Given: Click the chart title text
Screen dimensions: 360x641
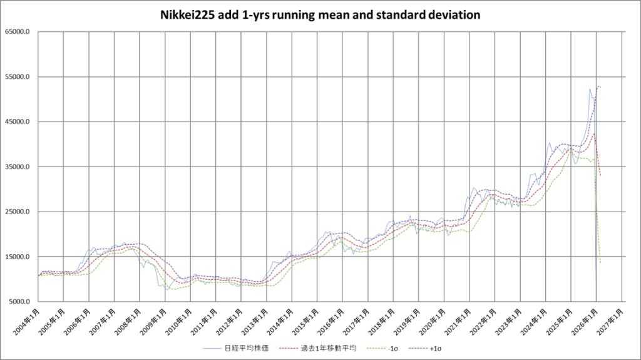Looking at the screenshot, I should pos(320,14).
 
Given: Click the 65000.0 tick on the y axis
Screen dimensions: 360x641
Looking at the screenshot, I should pos(19,32).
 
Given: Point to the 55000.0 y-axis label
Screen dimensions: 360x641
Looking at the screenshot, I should pos(19,77).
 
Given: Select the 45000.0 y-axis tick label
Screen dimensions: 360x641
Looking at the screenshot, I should pos(19,122).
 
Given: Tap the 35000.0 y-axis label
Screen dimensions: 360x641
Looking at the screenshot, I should pos(19,167).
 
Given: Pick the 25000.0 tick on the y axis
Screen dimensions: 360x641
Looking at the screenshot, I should pos(19,212).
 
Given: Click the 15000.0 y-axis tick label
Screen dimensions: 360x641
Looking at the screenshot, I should pos(19,257).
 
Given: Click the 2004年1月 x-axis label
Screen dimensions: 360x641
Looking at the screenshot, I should pos(27,320).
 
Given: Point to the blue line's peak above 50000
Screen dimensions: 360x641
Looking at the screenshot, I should pos(590,89).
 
